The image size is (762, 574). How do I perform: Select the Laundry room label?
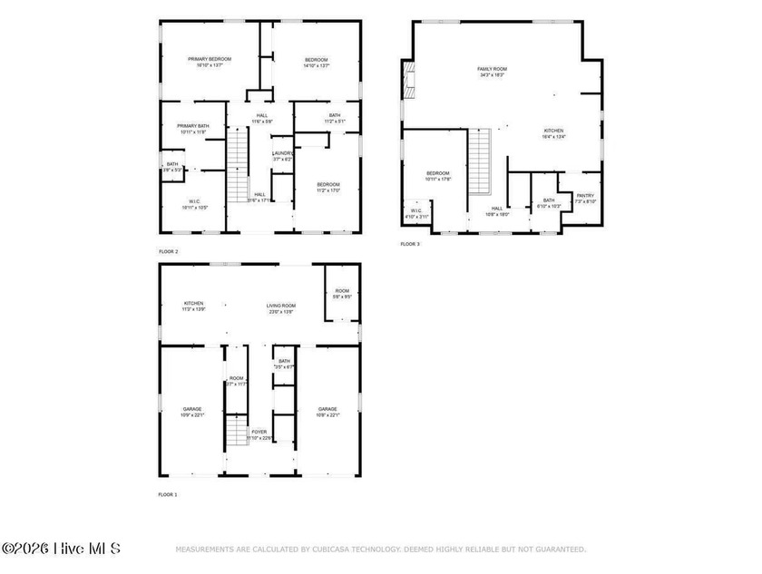tap(282, 153)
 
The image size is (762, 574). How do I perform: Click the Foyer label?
tap(259, 432)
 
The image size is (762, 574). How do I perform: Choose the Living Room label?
tap(281, 306)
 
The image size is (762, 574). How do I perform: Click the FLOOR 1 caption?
tap(169, 494)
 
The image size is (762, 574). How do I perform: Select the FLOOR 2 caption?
tap(169, 251)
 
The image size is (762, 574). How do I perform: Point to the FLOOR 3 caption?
tap(410, 244)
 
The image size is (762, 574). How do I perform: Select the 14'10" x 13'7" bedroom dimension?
tap(317, 65)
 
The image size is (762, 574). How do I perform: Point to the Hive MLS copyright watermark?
tap(61, 549)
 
